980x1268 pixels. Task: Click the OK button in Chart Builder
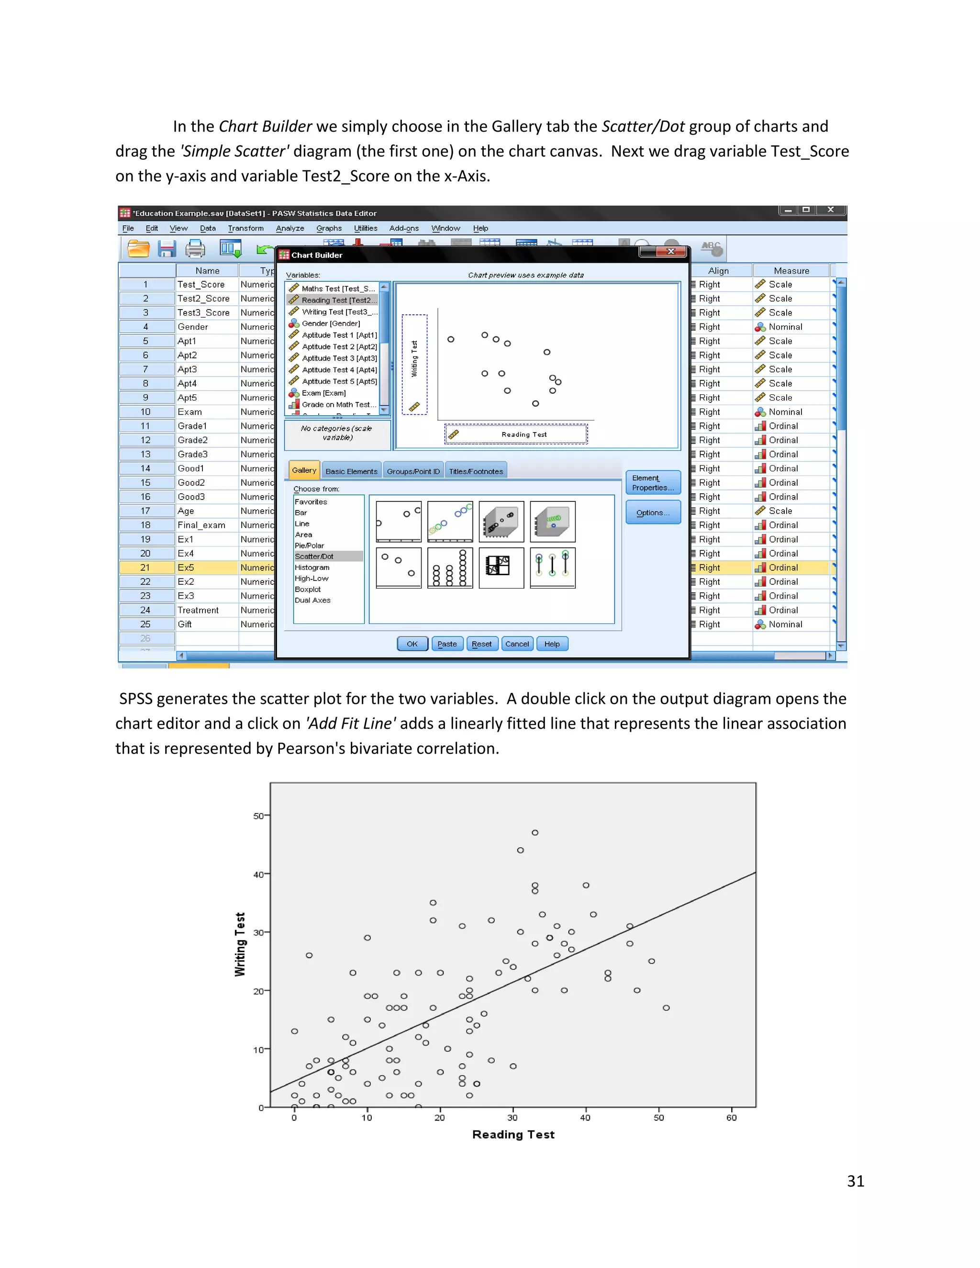click(x=412, y=644)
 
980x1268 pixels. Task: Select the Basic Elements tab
click(x=351, y=471)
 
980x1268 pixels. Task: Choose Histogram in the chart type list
click(x=312, y=567)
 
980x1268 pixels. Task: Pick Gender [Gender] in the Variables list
click(x=330, y=323)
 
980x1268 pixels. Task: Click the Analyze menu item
click(x=290, y=228)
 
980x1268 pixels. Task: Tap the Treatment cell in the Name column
click(x=198, y=610)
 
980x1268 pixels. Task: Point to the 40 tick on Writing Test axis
click(x=259, y=874)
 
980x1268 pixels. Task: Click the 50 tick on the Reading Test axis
click(x=658, y=1118)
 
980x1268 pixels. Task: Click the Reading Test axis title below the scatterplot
click(x=513, y=1135)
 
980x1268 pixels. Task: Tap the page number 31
click(x=855, y=1181)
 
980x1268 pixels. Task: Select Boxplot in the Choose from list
click(x=308, y=590)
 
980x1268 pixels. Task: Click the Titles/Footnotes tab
click(x=476, y=471)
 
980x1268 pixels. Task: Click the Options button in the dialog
click(x=653, y=512)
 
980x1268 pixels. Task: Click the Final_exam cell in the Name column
click(x=201, y=525)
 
